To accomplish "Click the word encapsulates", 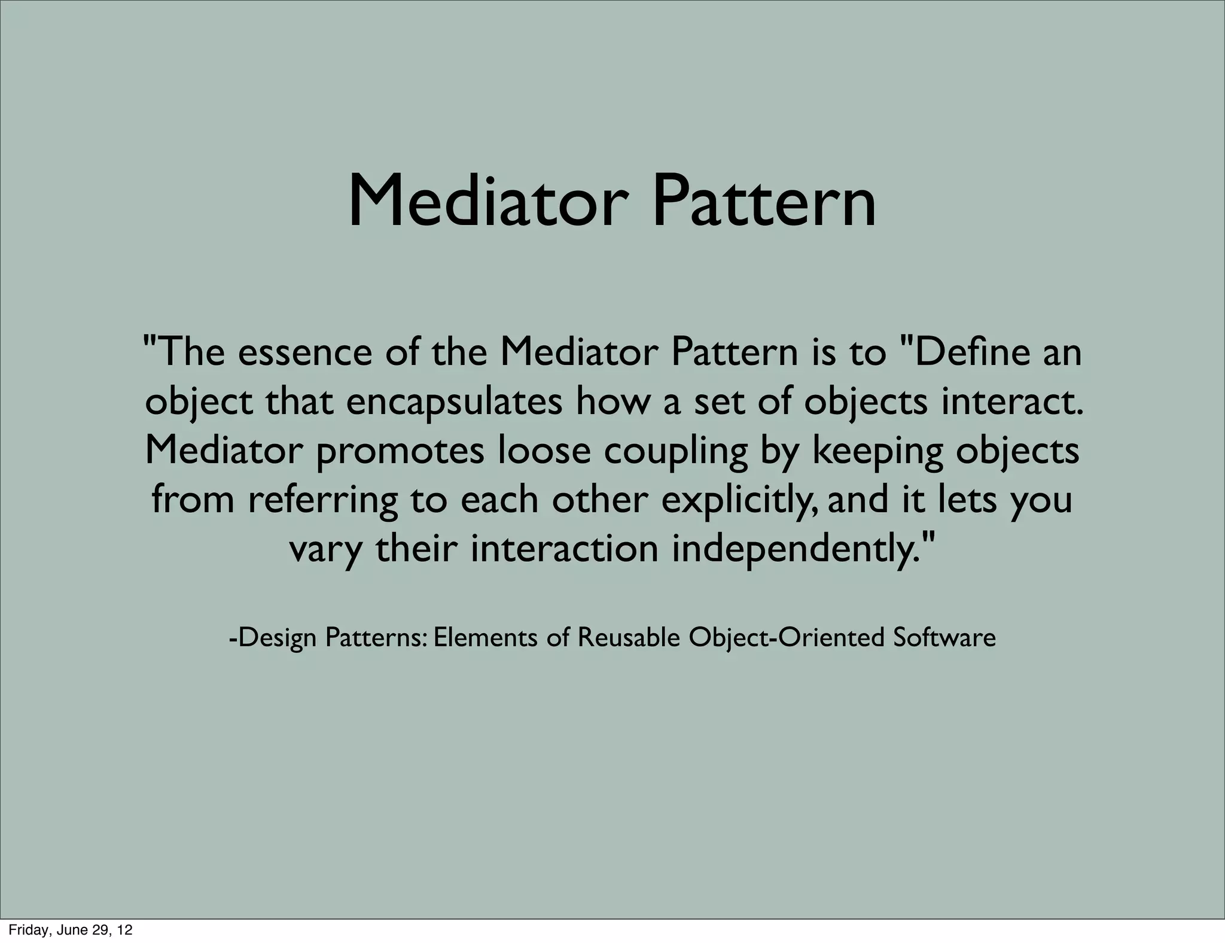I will coord(454,402).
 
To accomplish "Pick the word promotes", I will coord(400,451).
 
